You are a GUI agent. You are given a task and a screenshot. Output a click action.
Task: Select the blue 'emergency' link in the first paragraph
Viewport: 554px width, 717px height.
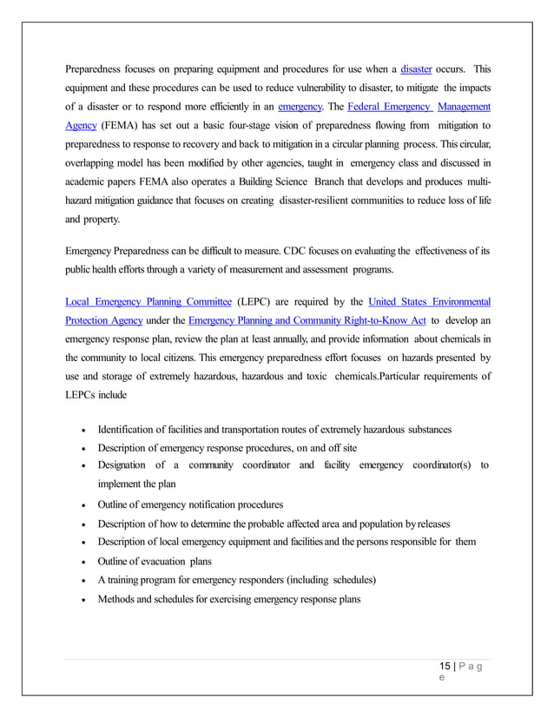pyautogui.click(x=300, y=107)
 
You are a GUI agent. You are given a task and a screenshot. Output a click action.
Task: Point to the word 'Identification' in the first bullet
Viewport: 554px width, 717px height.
pyautogui.click(x=129, y=430)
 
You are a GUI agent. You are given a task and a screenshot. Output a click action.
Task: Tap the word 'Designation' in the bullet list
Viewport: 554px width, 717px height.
pyautogui.click(x=127, y=466)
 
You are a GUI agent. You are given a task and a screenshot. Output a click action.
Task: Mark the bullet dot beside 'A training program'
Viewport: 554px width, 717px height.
pyautogui.click(x=82, y=581)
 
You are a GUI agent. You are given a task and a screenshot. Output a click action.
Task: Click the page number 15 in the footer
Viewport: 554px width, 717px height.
pyautogui.click(x=445, y=667)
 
